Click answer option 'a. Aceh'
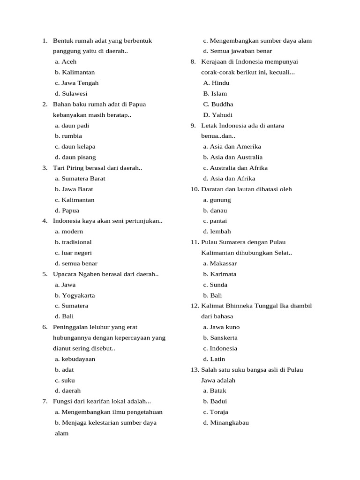click(65, 61)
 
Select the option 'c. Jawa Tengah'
click(76, 83)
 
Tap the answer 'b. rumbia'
click(68, 136)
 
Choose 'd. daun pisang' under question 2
click(75, 157)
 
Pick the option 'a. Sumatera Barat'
click(80, 179)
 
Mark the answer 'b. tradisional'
click(73, 242)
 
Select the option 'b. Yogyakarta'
click(75, 295)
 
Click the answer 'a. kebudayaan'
click(75, 359)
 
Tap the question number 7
click(45, 401)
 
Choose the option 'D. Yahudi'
click(217, 115)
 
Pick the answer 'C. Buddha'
click(218, 104)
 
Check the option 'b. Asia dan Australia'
click(232, 157)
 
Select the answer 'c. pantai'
click(215, 221)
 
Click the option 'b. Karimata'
click(219, 274)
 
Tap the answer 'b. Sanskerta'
click(220, 338)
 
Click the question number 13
click(195, 370)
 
